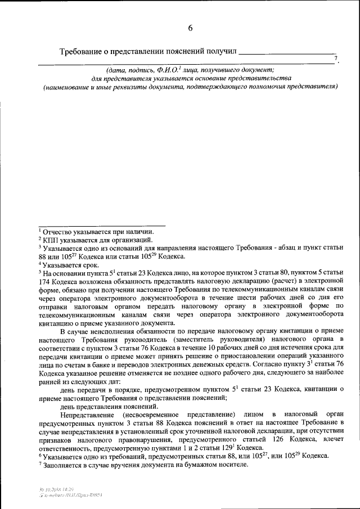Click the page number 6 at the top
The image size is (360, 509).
tap(190, 28)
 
